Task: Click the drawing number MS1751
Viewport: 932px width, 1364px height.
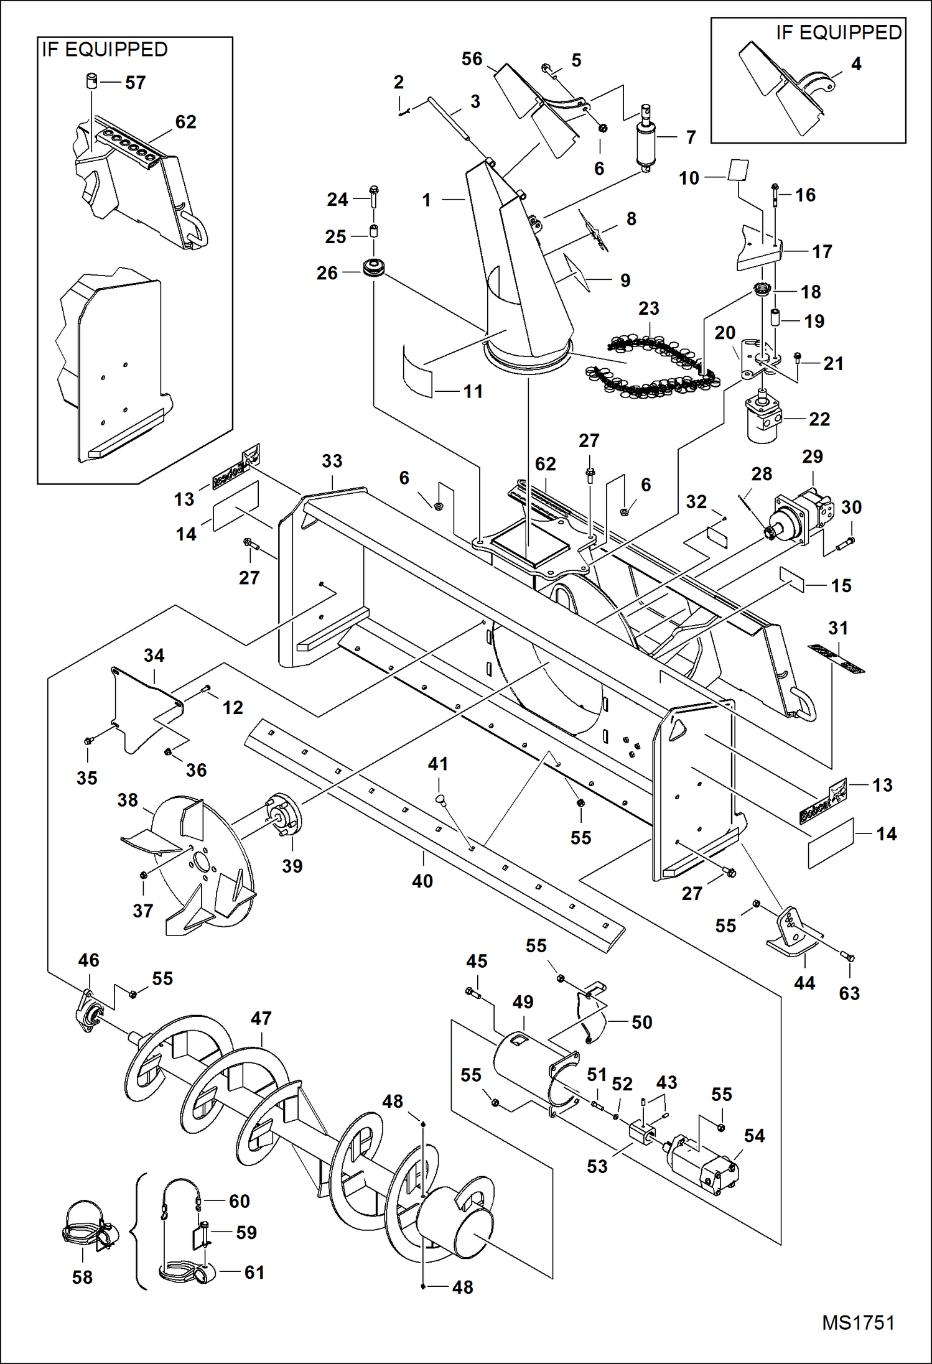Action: coord(858,1323)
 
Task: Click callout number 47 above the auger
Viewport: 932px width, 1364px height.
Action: coord(261,1018)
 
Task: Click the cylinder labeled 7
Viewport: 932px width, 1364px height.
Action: coord(645,140)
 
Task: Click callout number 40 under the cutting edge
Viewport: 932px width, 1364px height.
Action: coord(422,881)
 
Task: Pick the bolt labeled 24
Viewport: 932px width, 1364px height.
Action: coord(373,198)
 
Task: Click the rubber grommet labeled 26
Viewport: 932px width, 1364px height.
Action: coord(375,269)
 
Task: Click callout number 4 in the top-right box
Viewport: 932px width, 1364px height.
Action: coord(856,64)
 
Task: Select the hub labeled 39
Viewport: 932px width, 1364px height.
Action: coord(284,816)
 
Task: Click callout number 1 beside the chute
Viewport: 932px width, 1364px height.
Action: coord(426,200)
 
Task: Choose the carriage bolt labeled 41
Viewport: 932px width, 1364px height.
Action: coord(440,799)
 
